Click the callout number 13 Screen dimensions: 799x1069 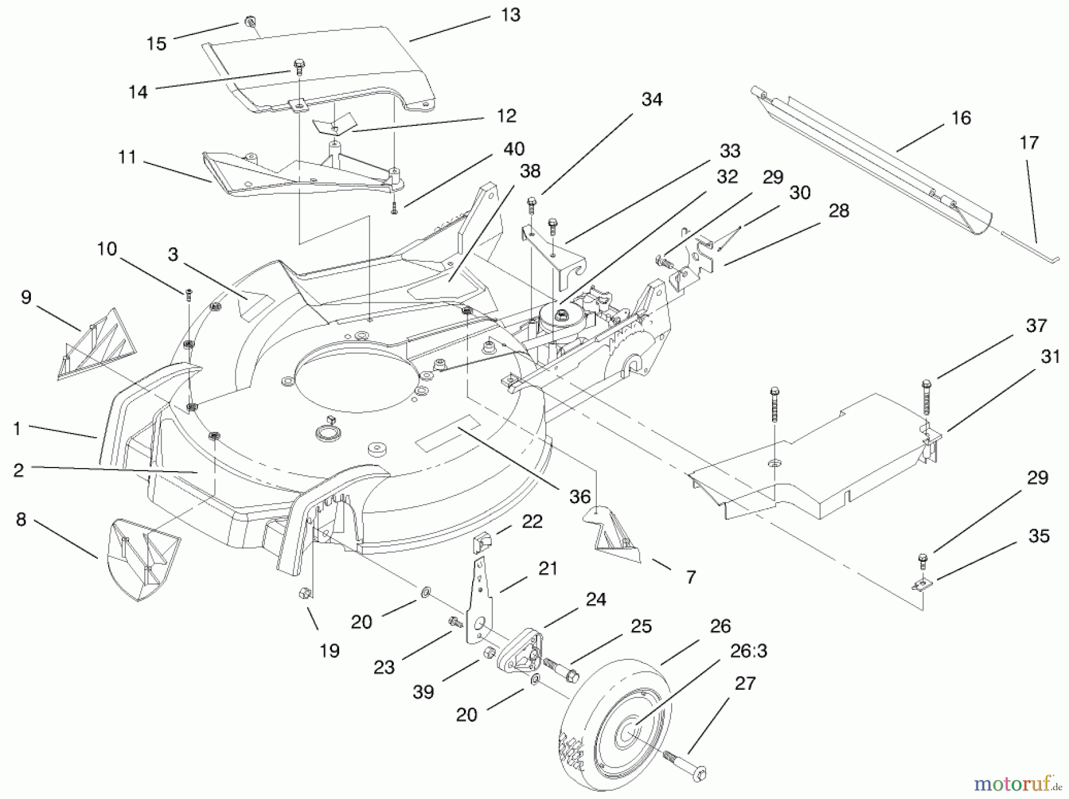pos(510,15)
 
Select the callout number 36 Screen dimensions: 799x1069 pos(580,497)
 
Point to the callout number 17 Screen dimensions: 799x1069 pos(1029,143)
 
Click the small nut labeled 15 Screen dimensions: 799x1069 pos(249,23)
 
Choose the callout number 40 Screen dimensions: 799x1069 pos(514,149)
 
